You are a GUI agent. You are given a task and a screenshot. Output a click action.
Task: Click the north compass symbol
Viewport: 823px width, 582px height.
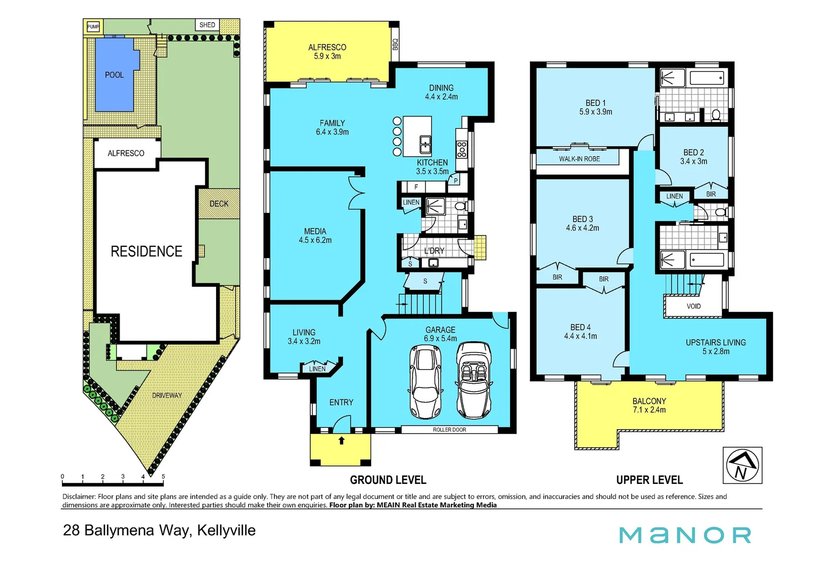click(x=742, y=465)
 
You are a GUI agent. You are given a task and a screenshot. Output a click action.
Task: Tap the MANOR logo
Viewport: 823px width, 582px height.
click(x=685, y=535)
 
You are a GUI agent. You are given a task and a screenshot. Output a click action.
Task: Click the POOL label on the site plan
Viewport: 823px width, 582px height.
click(x=114, y=75)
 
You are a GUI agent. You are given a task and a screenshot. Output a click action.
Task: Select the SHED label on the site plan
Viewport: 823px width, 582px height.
click(x=207, y=25)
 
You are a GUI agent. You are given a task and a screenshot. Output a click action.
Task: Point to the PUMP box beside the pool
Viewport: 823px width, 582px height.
click(x=93, y=26)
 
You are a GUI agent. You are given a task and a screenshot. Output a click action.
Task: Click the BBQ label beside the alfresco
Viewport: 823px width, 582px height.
click(x=395, y=44)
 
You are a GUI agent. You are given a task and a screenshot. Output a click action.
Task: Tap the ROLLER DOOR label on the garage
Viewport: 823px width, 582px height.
click(x=449, y=429)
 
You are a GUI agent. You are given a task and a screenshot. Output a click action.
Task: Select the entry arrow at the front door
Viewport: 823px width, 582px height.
click(x=341, y=440)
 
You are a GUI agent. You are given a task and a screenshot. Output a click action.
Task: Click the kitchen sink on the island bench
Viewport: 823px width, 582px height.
click(x=425, y=144)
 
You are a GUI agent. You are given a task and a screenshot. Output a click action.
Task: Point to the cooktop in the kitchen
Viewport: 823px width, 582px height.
click(x=462, y=149)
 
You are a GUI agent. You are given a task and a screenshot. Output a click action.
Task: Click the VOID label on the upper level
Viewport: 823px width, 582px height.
click(x=694, y=306)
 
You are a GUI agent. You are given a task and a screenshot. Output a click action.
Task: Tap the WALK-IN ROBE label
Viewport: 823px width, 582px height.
click(x=579, y=159)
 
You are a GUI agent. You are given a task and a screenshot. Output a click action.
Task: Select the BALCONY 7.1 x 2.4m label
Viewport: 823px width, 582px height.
click(x=649, y=405)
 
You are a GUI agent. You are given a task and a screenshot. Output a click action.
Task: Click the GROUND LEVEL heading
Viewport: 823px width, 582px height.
click(x=388, y=480)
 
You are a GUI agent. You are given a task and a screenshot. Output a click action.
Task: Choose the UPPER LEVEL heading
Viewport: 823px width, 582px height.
click(x=649, y=480)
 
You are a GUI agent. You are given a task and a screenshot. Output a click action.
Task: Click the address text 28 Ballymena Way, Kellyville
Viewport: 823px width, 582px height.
click(x=159, y=530)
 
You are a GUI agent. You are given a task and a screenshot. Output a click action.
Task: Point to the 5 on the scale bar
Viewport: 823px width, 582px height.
click(x=163, y=476)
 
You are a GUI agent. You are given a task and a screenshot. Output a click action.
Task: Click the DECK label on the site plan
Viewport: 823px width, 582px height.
click(x=219, y=204)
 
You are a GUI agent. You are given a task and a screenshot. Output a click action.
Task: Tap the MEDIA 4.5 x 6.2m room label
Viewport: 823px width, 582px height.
click(x=315, y=235)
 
